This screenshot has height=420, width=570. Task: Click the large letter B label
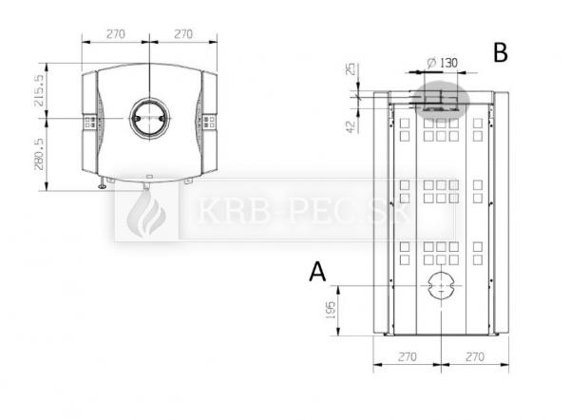pyautogui.click(x=501, y=52)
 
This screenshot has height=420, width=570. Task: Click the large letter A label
pyautogui.click(x=317, y=272)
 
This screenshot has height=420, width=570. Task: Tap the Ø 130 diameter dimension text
pyautogui.click(x=443, y=63)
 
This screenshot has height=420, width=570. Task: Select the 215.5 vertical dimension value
pyautogui.click(x=39, y=90)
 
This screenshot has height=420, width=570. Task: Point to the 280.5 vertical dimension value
pyautogui.click(x=39, y=154)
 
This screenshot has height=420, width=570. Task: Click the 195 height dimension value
pyautogui.click(x=330, y=310)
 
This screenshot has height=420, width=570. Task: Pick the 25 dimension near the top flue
pyautogui.click(x=351, y=69)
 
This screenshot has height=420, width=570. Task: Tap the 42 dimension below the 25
pyautogui.click(x=350, y=127)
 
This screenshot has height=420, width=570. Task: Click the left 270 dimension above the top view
pyautogui.click(x=116, y=34)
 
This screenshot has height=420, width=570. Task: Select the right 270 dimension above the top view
pyautogui.click(x=183, y=34)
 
